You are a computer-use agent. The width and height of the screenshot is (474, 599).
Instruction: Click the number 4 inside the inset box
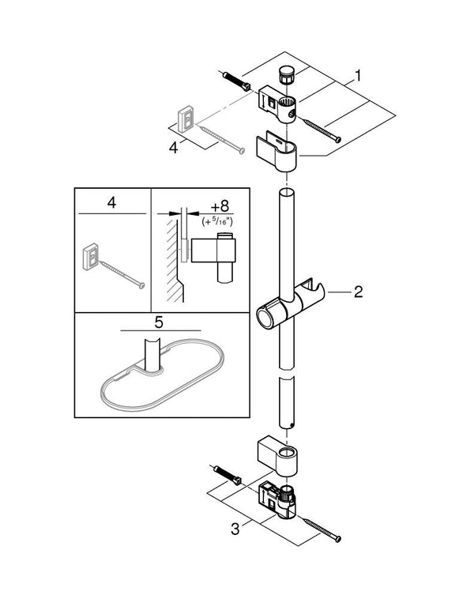[111, 203]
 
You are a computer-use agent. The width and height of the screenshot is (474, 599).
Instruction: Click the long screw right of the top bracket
[319, 130]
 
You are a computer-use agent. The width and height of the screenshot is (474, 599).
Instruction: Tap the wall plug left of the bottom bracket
[231, 479]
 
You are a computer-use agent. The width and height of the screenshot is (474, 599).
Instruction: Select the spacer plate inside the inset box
[91, 257]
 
